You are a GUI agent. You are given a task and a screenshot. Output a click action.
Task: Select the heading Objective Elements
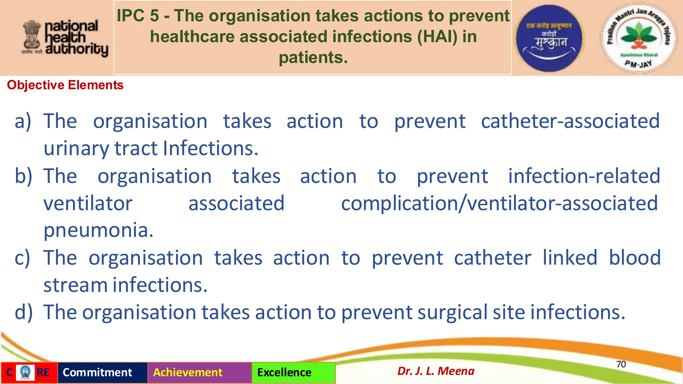coord(65,85)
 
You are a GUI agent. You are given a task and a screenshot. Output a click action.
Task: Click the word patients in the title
coord(313,57)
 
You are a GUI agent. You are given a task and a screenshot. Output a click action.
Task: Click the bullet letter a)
coord(23,121)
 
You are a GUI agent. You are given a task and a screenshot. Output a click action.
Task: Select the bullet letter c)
coord(22,258)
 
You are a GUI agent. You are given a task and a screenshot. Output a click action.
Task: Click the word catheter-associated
coord(570,121)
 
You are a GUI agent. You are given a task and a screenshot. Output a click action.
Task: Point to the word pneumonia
coord(98,231)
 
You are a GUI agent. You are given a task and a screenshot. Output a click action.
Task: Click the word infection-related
coord(584,176)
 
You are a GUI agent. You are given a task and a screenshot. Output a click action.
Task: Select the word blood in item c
coord(635,258)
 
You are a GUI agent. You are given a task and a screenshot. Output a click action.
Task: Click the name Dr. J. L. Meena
coord(436,371)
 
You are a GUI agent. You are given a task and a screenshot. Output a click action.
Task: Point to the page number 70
coord(621,364)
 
